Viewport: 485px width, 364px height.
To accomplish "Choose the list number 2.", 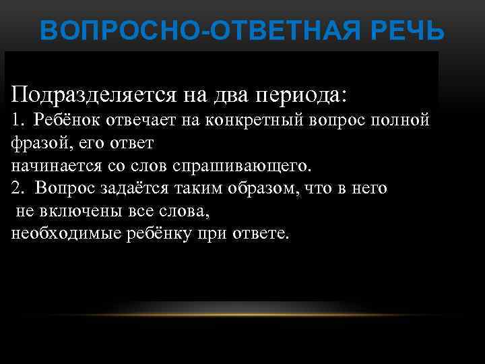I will (x=17, y=188).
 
